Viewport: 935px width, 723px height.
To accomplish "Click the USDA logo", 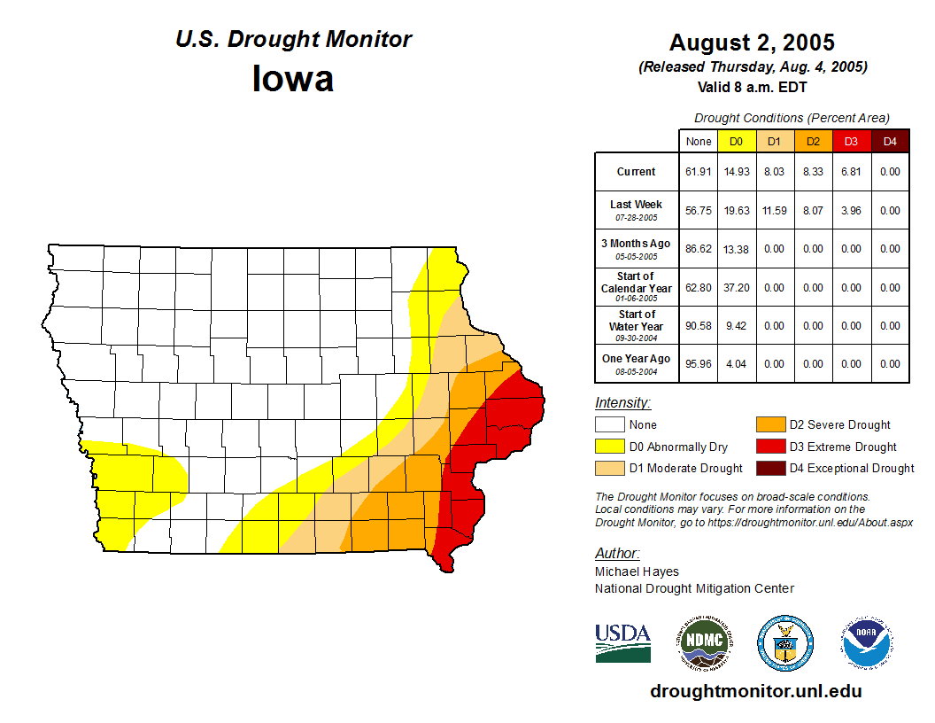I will tap(622, 642).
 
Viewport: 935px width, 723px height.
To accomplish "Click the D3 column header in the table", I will tap(851, 142).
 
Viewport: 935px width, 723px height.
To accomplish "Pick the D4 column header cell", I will tap(890, 142).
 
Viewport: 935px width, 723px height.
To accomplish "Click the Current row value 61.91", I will tap(699, 172).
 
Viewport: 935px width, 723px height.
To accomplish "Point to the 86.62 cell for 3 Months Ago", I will tap(699, 249).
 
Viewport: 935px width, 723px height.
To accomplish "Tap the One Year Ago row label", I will tap(637, 363).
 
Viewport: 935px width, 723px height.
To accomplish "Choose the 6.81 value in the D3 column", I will tap(851, 172).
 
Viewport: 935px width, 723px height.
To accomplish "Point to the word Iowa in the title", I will tap(293, 79).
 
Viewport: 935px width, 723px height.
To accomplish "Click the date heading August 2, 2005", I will tap(752, 43).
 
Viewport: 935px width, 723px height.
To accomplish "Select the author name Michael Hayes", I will tap(637, 571).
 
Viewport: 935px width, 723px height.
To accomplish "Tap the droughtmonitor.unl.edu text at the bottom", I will tap(755, 691).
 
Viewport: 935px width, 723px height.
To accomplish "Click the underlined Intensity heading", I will tap(622, 403).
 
